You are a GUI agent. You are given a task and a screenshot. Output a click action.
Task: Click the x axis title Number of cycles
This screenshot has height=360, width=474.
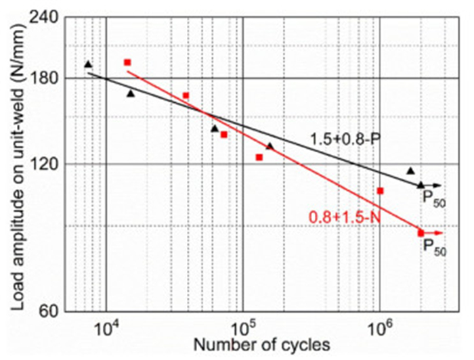point(262,344)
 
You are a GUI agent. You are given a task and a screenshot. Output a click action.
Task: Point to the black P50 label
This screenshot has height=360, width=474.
point(433,198)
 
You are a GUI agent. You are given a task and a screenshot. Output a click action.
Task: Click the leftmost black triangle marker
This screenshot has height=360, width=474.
point(88,64)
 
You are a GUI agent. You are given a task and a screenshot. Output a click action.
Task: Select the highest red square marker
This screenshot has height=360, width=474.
point(127,62)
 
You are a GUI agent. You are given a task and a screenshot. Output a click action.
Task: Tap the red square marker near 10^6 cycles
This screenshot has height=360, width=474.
point(381,191)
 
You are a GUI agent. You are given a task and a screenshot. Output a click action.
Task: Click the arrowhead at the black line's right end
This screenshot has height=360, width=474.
point(438,185)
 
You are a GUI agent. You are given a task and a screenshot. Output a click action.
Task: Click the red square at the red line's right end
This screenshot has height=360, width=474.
point(421,233)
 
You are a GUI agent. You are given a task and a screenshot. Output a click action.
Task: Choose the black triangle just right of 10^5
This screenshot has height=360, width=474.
point(270,145)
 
